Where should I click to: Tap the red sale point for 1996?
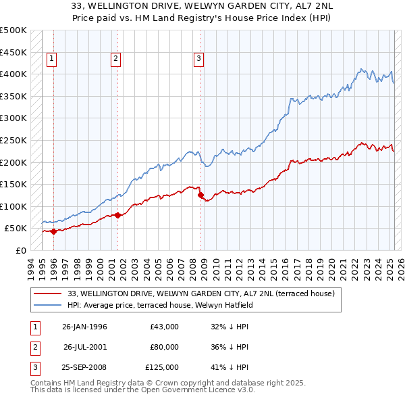coord(53,231)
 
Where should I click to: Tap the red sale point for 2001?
coord(117,215)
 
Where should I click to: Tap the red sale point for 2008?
coord(200,195)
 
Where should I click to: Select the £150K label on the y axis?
coord(13,184)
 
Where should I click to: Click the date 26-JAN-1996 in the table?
coord(84,327)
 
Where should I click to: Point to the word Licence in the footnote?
coord(190,391)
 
